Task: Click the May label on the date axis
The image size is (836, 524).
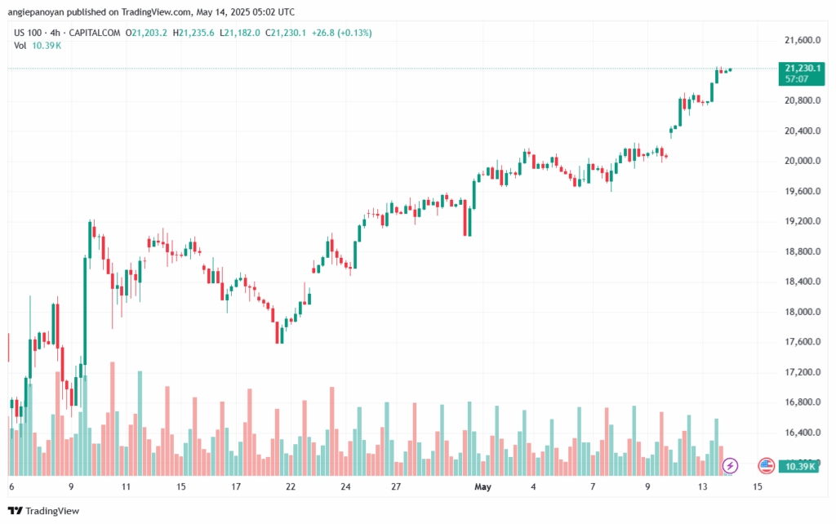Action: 483,486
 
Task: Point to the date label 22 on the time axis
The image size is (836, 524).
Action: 291,486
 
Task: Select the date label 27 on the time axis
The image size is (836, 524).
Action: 395,486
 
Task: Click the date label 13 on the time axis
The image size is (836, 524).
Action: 702,486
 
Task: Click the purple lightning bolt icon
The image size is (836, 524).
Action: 731,465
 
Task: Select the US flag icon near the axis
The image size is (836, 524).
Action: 766,465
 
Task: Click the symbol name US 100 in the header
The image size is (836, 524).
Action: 29,33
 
